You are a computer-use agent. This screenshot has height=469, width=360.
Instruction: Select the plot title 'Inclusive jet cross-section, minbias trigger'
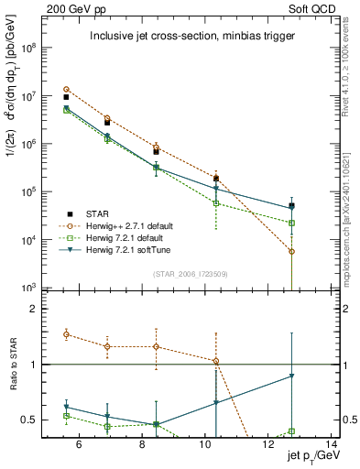point(191,37)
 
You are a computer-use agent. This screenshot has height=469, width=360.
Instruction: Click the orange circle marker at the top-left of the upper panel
point(66,89)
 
